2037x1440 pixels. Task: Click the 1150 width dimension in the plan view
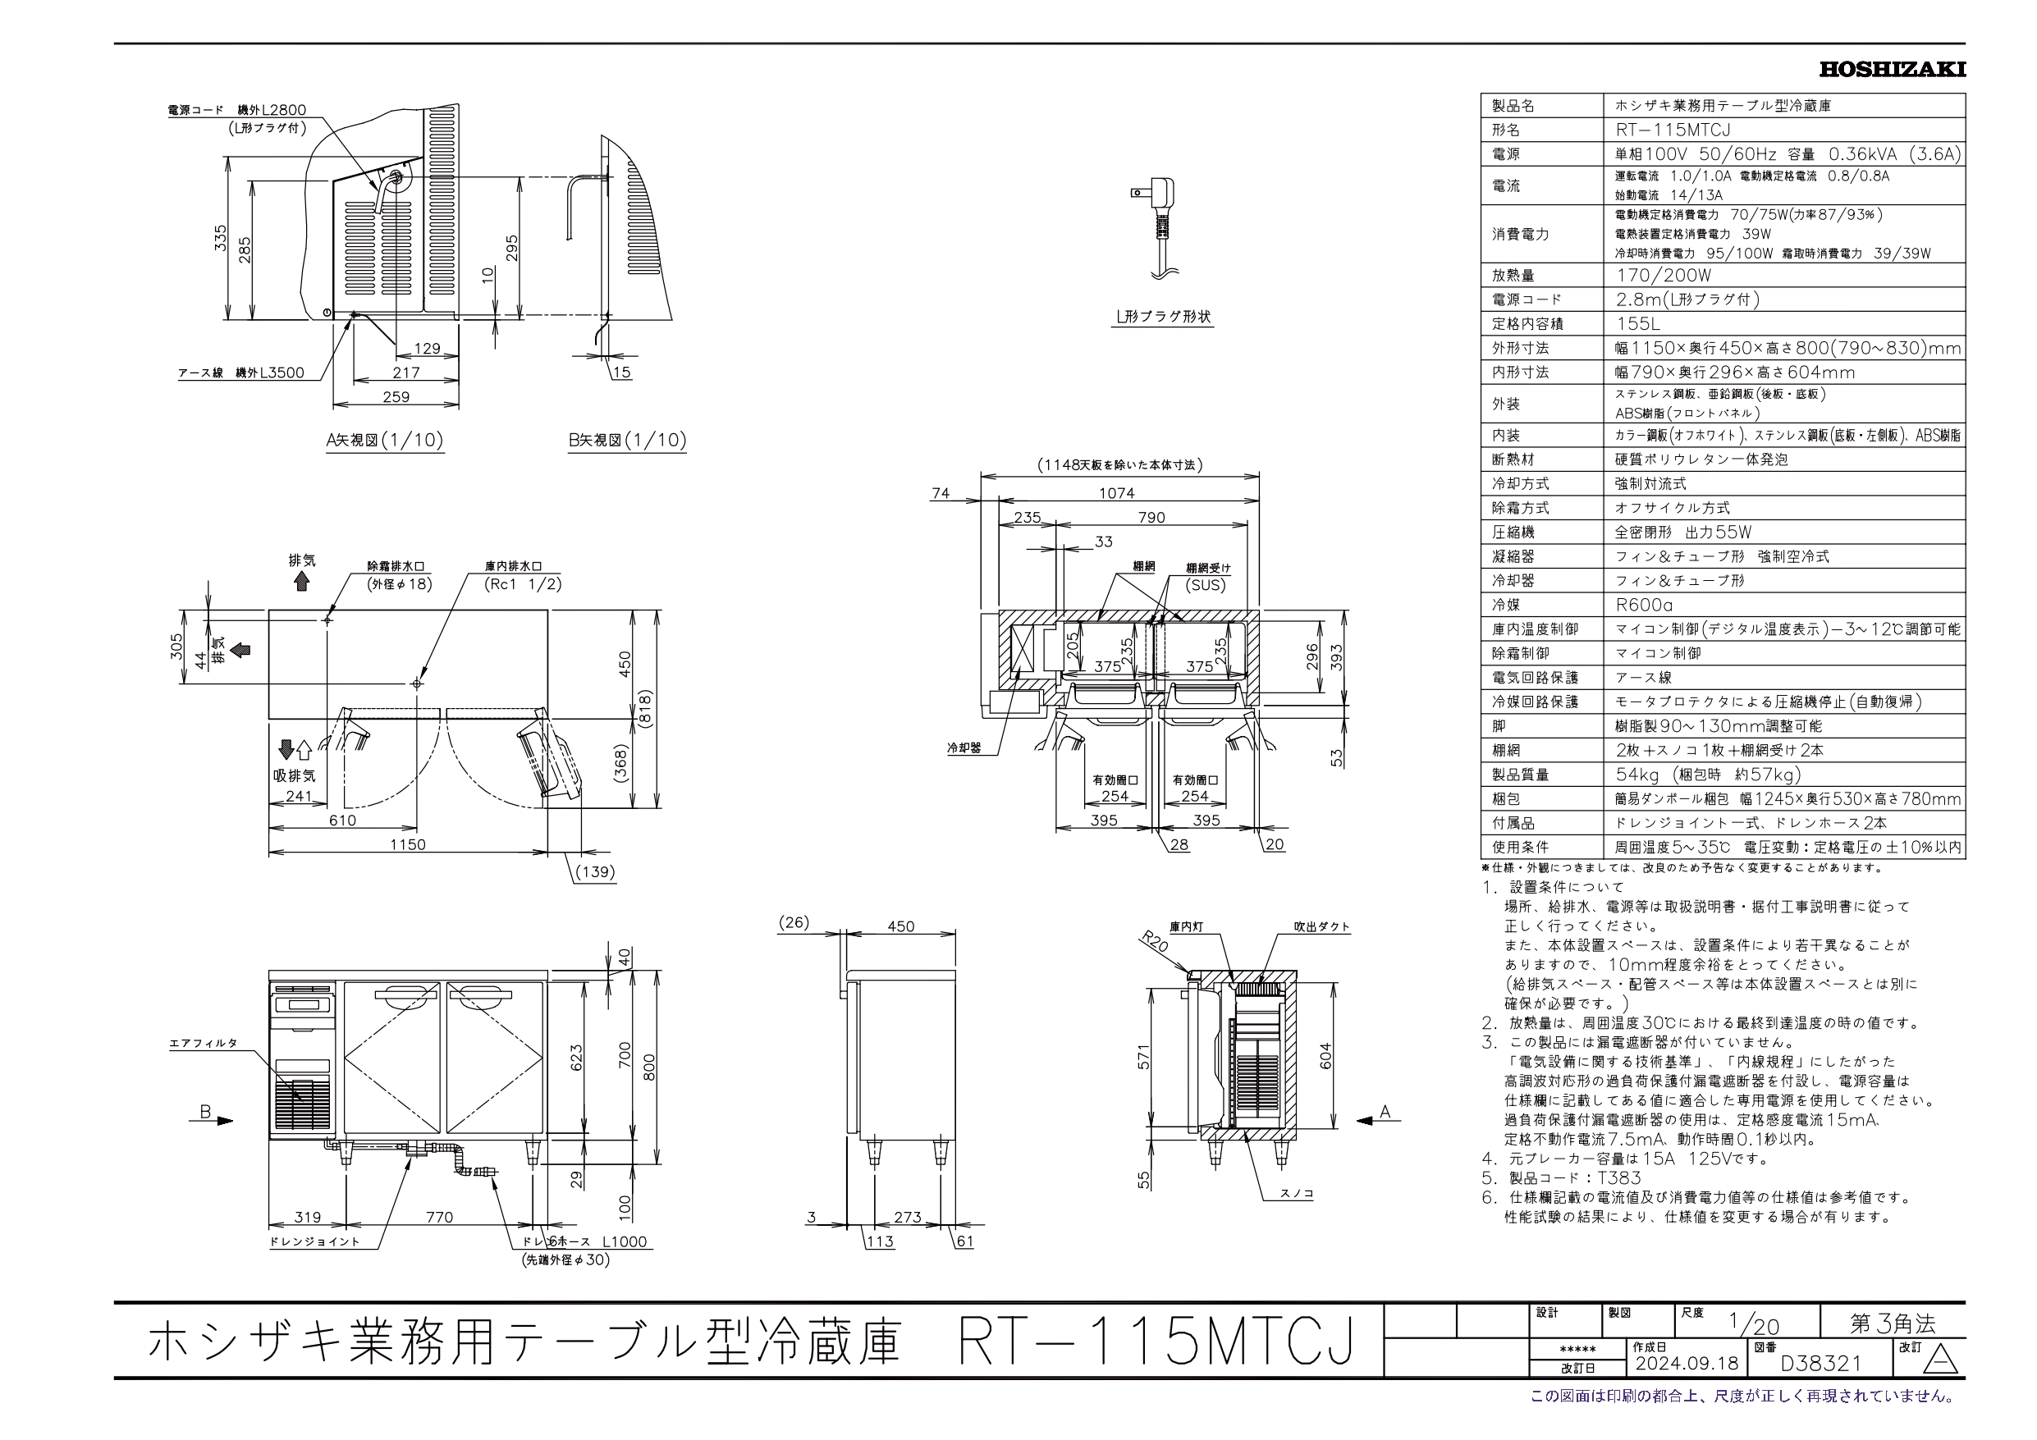pyautogui.click(x=407, y=844)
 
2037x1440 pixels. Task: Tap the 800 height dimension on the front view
pyautogui.click(x=649, y=1067)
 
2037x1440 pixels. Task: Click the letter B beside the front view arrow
pyautogui.click(x=205, y=1112)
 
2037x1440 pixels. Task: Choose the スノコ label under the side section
pyautogui.click(x=1296, y=1193)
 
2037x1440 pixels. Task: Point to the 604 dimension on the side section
pyautogui.click(x=1325, y=1057)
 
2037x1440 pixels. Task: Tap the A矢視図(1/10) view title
pyautogui.click(x=385, y=440)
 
